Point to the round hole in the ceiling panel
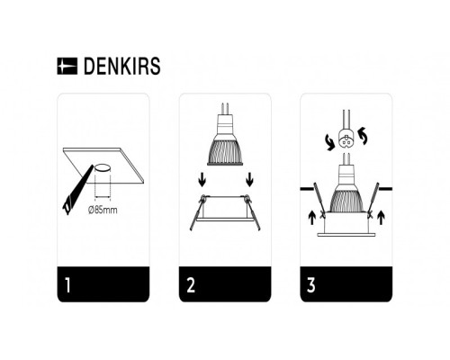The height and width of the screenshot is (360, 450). pos(104,167)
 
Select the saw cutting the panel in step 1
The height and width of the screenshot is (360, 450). pos(73,193)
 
